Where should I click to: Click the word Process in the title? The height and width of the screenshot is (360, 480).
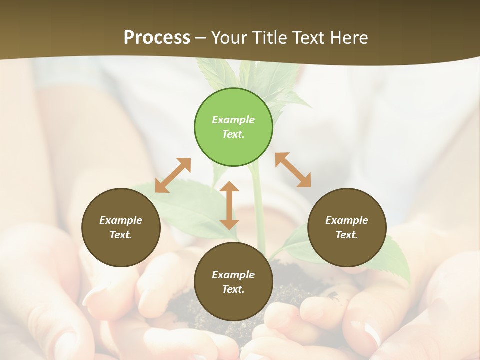157,38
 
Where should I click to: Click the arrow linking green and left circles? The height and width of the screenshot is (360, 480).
173,175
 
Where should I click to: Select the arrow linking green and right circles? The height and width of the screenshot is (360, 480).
293,170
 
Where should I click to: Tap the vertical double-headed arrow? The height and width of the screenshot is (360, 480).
229,205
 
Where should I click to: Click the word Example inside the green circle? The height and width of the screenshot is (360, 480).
233,120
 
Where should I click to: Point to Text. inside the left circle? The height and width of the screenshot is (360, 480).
121,235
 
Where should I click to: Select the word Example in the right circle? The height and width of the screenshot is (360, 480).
347,220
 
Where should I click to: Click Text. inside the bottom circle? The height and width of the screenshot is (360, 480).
233,289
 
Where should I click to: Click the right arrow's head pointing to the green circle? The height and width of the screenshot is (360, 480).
281,158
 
